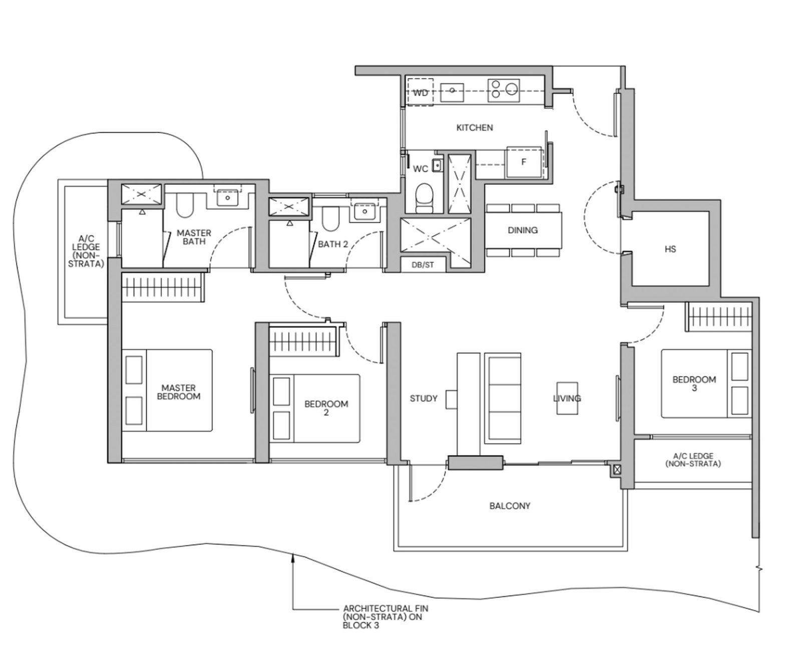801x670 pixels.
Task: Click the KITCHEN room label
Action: (x=474, y=128)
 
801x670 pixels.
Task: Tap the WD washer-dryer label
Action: (x=420, y=93)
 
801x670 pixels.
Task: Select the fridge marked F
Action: (x=524, y=162)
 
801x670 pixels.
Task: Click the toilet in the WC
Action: (x=425, y=197)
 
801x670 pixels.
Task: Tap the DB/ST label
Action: (x=423, y=265)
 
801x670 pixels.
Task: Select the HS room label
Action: (x=670, y=249)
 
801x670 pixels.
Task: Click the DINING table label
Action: (x=523, y=230)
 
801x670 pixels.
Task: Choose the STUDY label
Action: (x=424, y=399)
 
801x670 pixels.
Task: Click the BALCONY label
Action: (x=510, y=506)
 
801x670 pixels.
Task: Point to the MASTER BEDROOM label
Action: (x=179, y=392)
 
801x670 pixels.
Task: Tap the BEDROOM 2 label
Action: (x=326, y=408)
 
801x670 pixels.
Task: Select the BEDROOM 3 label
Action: (x=694, y=384)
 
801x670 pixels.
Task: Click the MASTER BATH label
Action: (x=194, y=237)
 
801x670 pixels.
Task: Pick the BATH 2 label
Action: (x=333, y=244)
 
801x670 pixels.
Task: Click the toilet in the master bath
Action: (x=185, y=206)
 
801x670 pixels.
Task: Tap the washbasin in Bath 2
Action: (x=364, y=212)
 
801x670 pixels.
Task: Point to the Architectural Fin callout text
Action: (x=385, y=617)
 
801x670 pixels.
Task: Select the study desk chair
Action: (x=451, y=400)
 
